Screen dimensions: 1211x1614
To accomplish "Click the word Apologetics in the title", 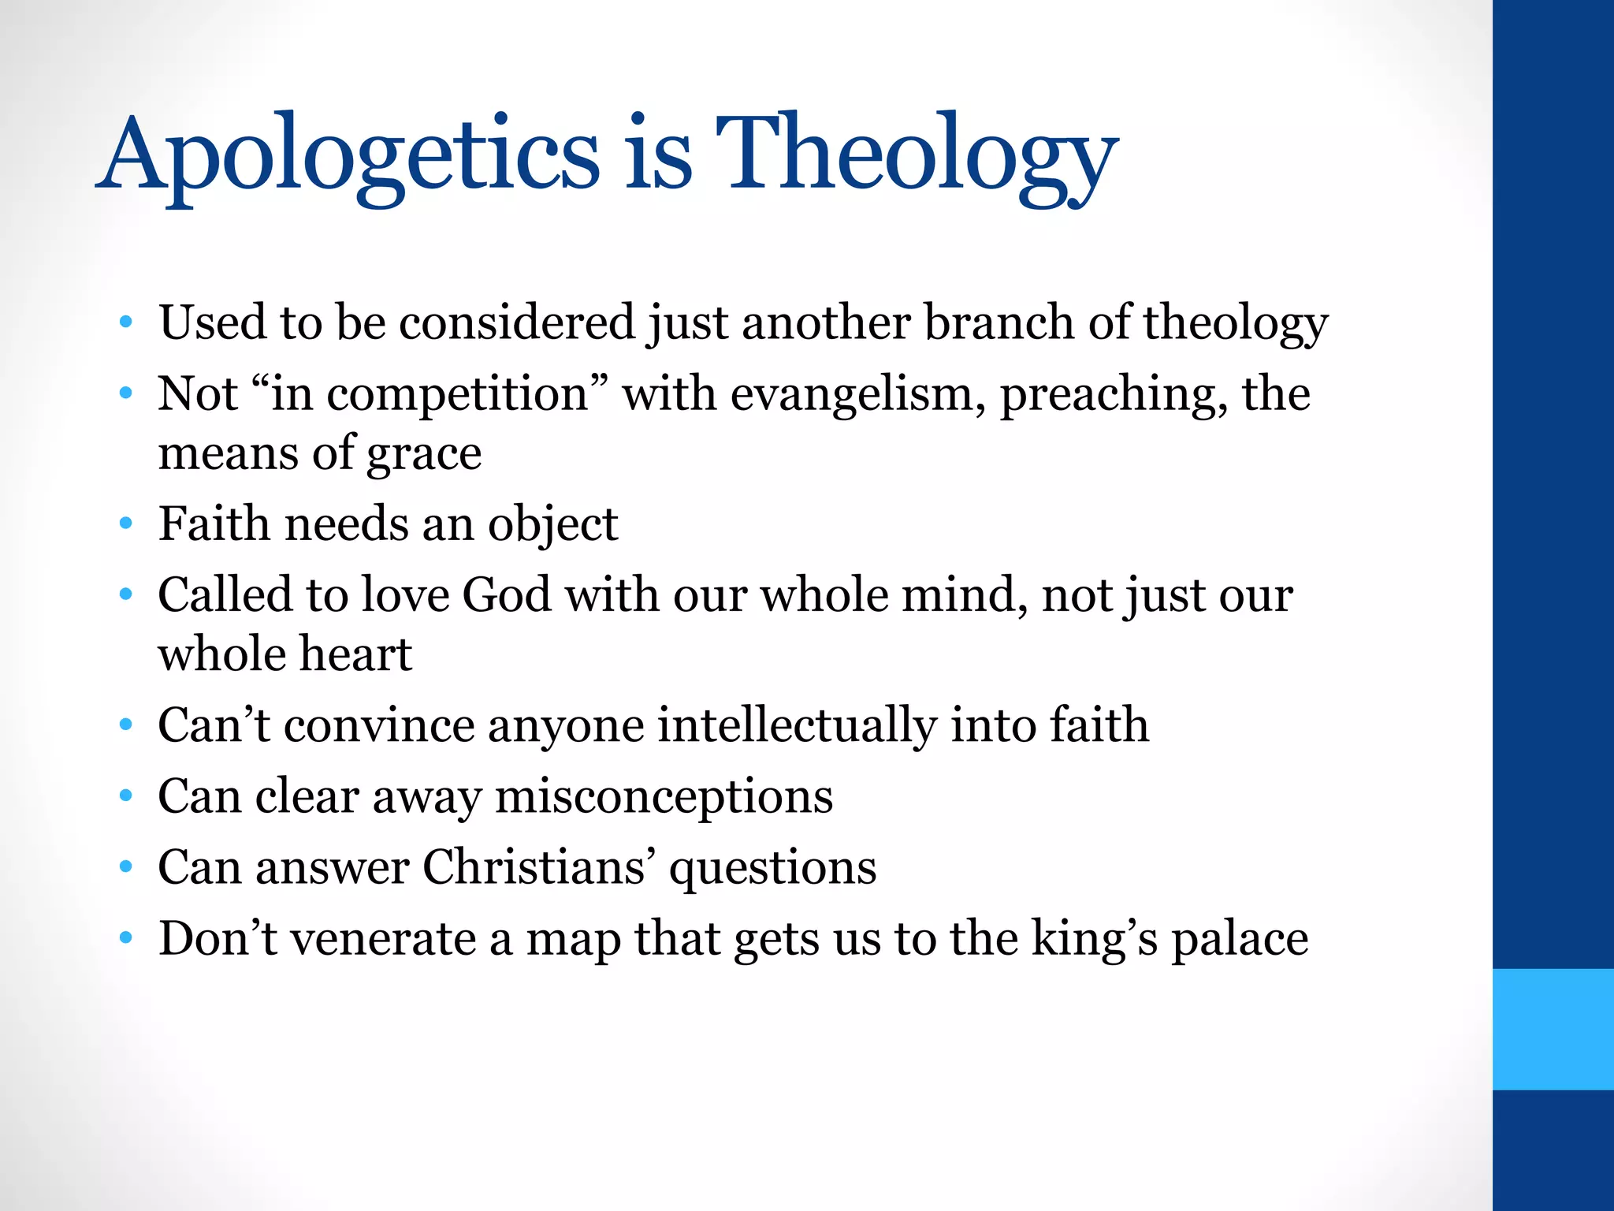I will tap(350, 154).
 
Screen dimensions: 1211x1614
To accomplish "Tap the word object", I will tap(552, 524).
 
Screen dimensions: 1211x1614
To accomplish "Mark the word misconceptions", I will tap(664, 797).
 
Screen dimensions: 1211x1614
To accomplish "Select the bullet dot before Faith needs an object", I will tap(126, 524).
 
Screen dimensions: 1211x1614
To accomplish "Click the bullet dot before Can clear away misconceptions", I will tap(126, 796).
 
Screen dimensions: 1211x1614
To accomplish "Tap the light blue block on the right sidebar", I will tap(1553, 1029).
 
